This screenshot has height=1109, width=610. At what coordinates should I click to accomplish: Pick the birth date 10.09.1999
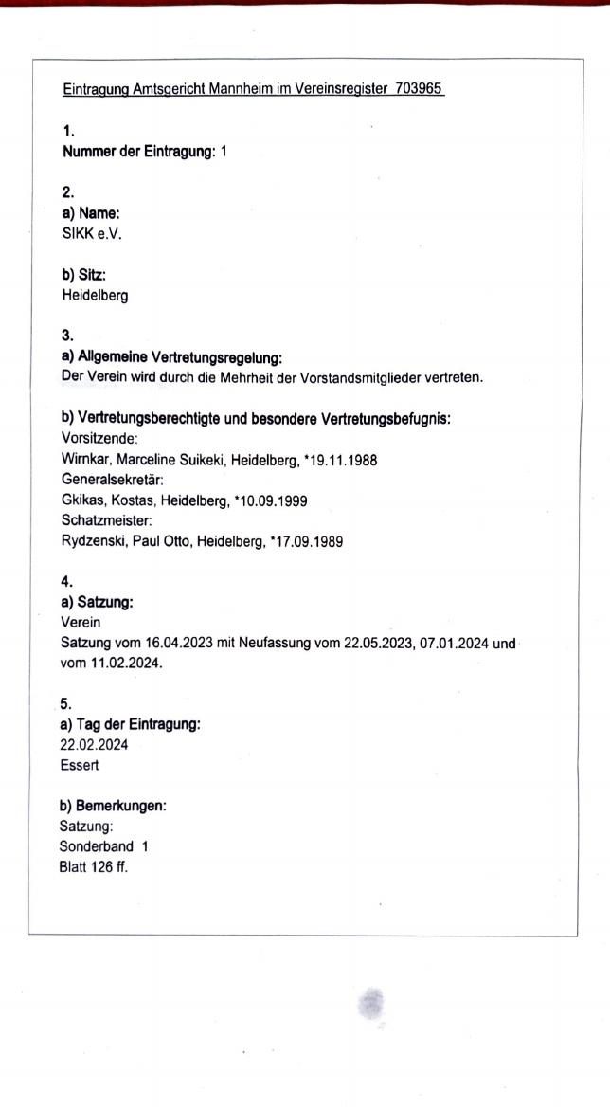(269, 500)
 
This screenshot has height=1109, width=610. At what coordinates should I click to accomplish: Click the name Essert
(80, 765)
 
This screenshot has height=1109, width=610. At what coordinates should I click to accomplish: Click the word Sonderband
(95, 845)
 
